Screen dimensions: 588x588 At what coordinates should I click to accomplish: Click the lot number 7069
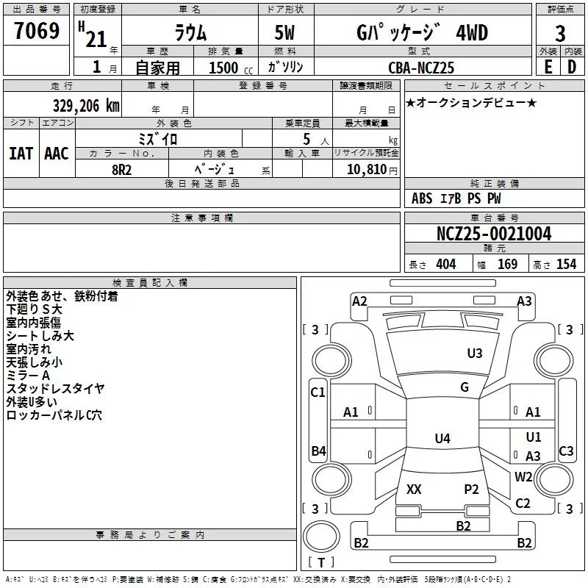pyautogui.click(x=37, y=32)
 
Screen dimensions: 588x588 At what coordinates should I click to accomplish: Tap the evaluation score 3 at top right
pyautogui.click(x=560, y=33)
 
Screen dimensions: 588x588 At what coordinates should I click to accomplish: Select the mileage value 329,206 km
pyautogui.click(x=86, y=105)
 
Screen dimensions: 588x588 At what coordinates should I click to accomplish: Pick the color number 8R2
pyautogui.click(x=122, y=168)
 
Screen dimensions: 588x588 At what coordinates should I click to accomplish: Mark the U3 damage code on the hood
pyautogui.click(x=475, y=354)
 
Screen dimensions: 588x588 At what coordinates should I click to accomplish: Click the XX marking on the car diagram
pyautogui.click(x=414, y=489)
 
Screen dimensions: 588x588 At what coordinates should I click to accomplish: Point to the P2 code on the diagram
pyautogui.click(x=471, y=489)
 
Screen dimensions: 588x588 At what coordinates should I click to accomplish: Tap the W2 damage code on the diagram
pyautogui.click(x=523, y=476)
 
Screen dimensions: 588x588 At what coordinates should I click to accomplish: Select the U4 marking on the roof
pyautogui.click(x=442, y=439)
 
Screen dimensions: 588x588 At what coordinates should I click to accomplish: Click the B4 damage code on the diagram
pyautogui.click(x=318, y=451)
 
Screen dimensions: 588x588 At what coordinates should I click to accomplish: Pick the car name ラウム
pyautogui.click(x=190, y=33)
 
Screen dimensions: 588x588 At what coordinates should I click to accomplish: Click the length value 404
pyautogui.click(x=445, y=265)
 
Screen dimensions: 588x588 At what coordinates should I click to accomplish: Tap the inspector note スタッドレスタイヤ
pyautogui.click(x=55, y=388)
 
